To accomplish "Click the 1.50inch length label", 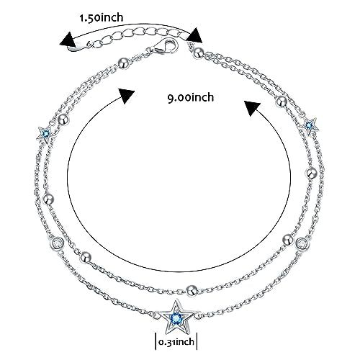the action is click(102, 18).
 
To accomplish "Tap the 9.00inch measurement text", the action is click(190, 97).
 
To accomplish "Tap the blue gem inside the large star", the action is click(176, 318).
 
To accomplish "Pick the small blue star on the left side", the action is click(45, 133).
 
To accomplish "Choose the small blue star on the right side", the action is click(310, 125).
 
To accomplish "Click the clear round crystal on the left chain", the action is click(58, 243).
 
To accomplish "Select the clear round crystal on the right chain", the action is click(302, 243).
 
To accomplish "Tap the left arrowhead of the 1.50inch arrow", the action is click(68, 40).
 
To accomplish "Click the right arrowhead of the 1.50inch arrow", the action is click(194, 35).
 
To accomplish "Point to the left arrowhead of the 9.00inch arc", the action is click(126, 96).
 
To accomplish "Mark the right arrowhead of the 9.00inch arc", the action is click(252, 108).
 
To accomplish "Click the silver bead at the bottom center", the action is click(192, 291).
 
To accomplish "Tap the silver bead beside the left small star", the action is click(64, 120).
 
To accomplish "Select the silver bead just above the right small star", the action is click(282, 102).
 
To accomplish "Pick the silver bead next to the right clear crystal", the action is click(288, 240).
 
